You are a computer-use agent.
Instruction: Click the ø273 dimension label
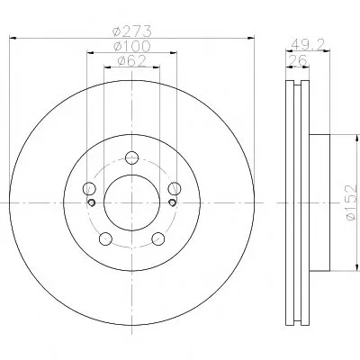132,31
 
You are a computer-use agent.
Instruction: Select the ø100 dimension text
132,46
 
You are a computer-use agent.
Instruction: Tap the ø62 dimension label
132,61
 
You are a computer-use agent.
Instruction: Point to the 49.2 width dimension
308,45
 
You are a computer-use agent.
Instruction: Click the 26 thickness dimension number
297,60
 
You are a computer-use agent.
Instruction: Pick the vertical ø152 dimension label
351,202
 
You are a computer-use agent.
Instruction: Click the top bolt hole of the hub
131,157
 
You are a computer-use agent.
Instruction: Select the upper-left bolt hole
89,189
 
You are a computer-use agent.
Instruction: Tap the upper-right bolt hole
175,189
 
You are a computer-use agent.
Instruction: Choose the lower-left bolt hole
105,238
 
